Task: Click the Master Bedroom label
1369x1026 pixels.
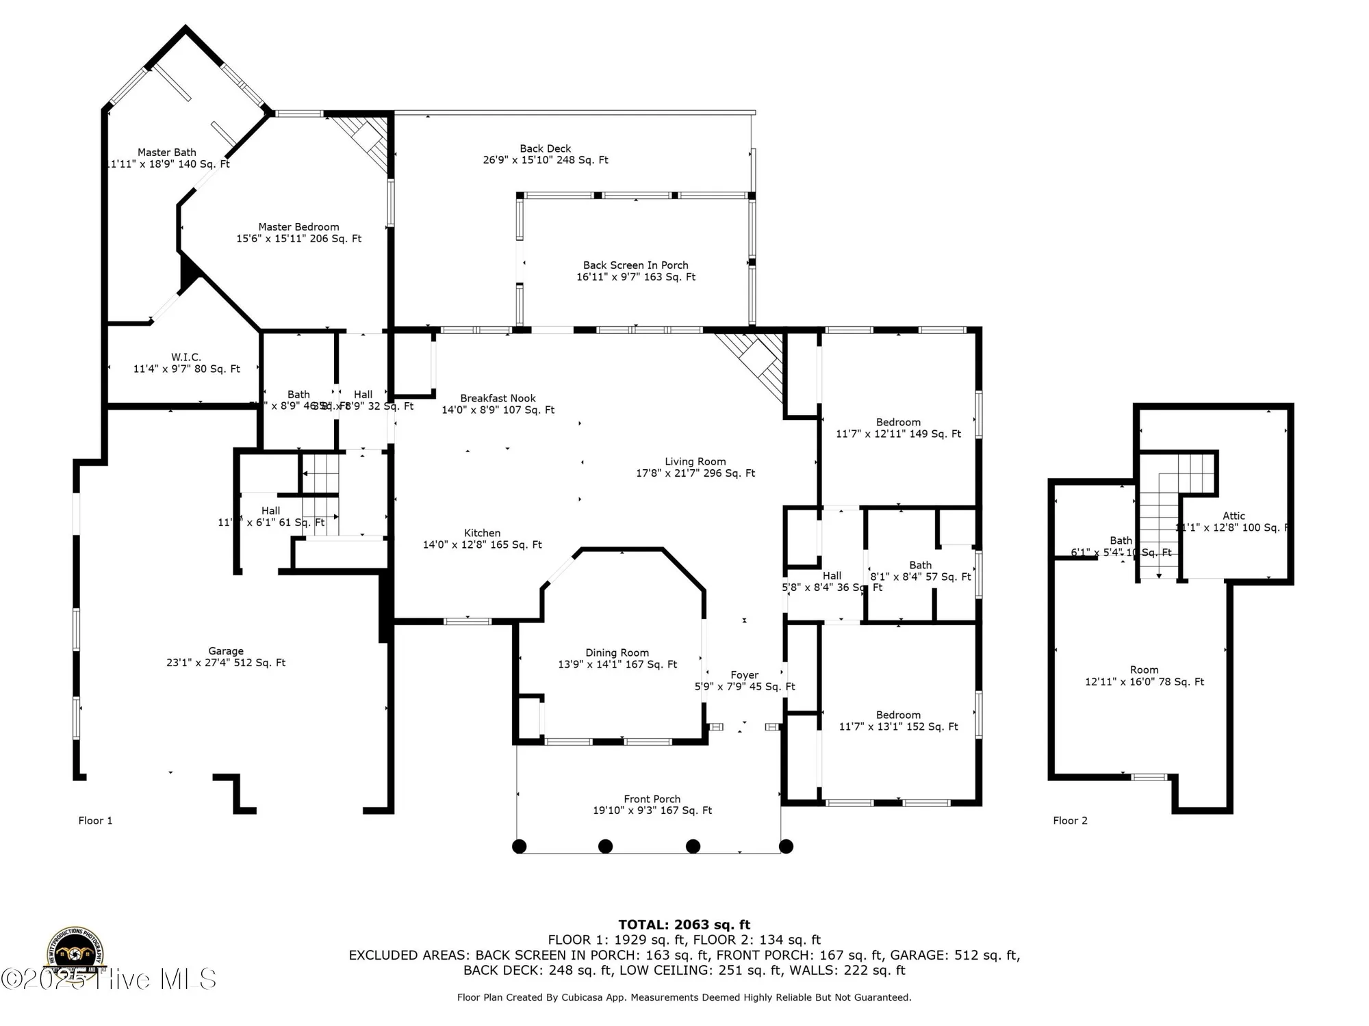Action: pos(298,227)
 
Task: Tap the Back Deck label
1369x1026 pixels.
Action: pos(545,148)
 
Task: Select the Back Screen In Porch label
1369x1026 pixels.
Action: pos(635,265)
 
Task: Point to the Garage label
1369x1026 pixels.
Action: pos(226,651)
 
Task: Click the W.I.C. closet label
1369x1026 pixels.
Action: pos(186,357)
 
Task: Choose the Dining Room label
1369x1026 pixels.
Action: pos(617,653)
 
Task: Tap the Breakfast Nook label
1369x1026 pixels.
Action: pos(498,398)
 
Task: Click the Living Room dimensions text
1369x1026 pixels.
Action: pos(695,473)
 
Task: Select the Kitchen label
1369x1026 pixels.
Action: pos(482,533)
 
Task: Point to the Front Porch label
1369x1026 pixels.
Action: pos(652,799)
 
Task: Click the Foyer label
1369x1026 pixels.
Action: pos(744,675)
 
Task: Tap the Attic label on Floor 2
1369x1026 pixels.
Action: pos(1233,516)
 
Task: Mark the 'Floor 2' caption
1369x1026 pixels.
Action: pos(1070,821)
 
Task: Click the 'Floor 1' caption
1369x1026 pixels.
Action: pos(95,821)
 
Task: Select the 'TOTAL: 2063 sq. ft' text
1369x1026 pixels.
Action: pos(684,925)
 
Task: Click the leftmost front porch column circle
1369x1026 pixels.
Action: pos(520,846)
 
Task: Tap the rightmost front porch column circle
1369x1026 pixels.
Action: pos(786,846)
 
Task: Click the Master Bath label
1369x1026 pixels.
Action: pos(166,153)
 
